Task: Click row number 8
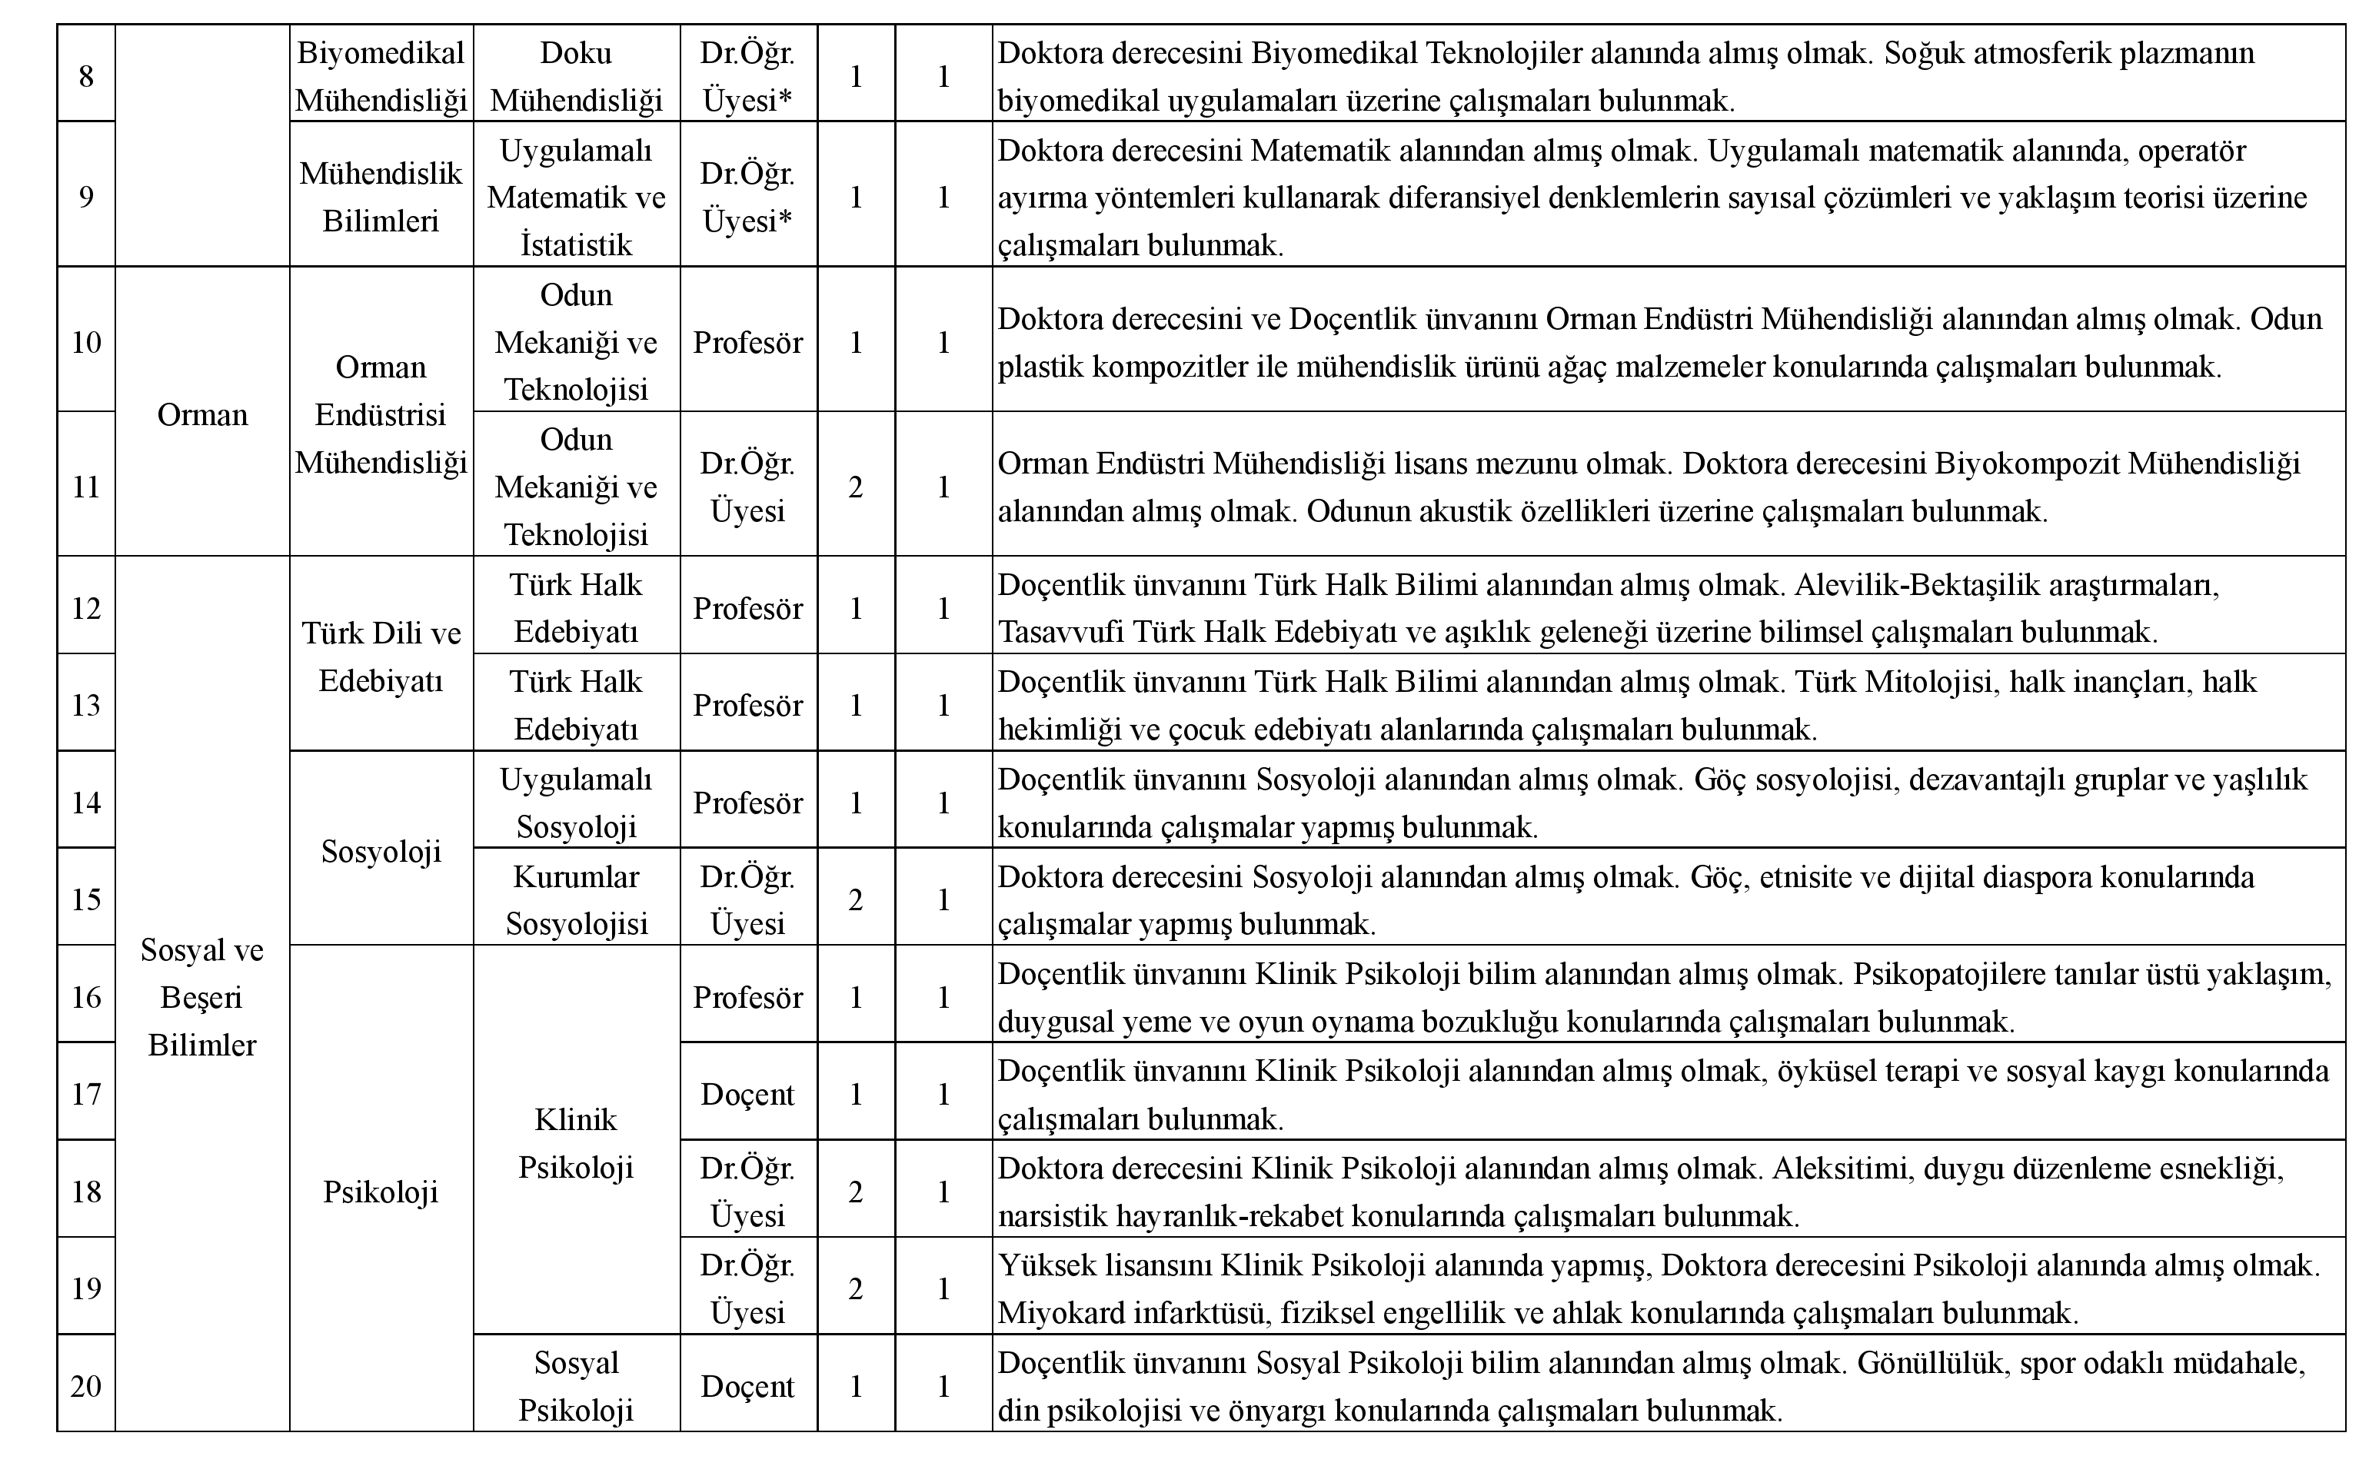coord(86,75)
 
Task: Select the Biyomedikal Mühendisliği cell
coord(381,76)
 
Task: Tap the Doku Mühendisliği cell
coord(576,76)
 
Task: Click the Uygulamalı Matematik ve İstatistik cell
coord(576,198)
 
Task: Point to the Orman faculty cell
coord(202,415)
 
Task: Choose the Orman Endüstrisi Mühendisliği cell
coord(381,415)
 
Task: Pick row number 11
coord(86,486)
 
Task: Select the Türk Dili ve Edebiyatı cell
coord(381,656)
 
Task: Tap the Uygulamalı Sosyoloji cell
coord(576,803)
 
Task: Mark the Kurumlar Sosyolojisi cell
coord(576,900)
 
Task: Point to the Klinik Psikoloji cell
coord(576,1143)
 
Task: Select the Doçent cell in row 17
coord(747,1094)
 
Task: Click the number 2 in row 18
coord(855,1192)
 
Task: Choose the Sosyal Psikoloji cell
coord(576,1386)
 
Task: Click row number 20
coord(86,1386)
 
